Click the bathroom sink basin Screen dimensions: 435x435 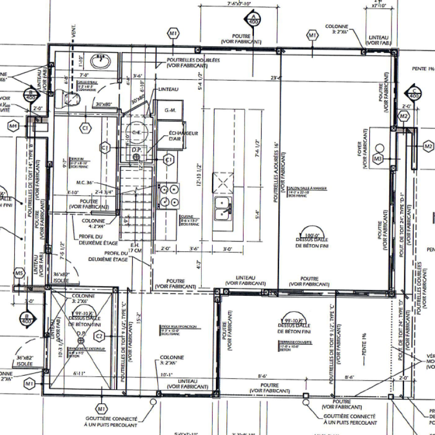(101, 61)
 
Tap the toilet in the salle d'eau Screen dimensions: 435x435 (71, 98)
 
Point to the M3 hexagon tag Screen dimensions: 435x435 (378, 158)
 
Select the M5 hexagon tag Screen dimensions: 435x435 (20, 272)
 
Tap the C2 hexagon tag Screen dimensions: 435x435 (100, 337)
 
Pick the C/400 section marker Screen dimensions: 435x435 (414, 94)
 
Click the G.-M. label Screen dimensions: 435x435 (170, 110)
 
